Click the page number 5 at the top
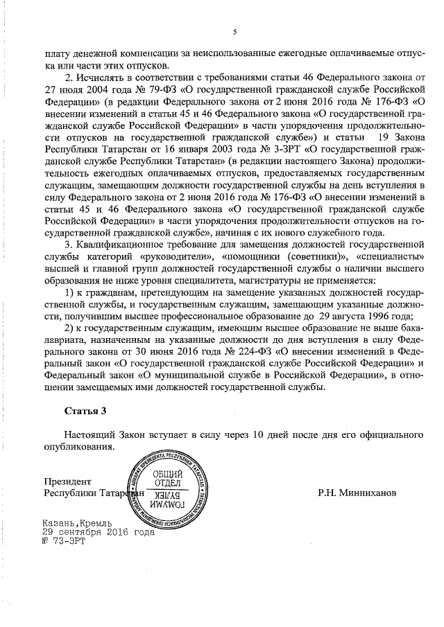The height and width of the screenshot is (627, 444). point(234,32)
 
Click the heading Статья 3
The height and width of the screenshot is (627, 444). point(85,411)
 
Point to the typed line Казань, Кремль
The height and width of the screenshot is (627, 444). point(76,523)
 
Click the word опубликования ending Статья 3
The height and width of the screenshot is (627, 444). point(78,447)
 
